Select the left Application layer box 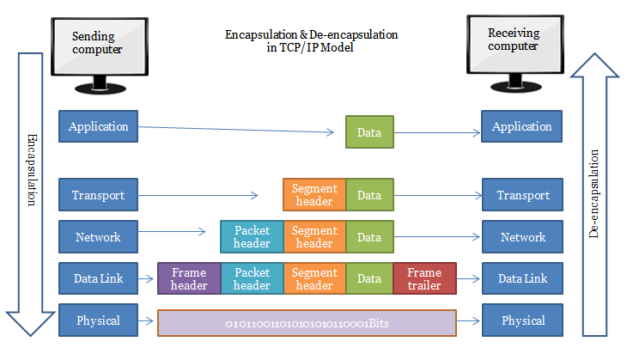click(99, 126)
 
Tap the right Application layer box click(521, 126)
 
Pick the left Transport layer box click(99, 195)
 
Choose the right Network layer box click(521, 237)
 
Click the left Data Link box click(99, 278)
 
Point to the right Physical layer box click(521, 320)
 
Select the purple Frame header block click(189, 278)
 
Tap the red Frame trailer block click(424, 278)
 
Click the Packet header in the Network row click(252, 237)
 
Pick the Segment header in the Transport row click(314, 195)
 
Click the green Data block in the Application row click(369, 133)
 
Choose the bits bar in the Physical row click(307, 323)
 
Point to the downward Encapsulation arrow click(30, 189)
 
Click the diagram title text click(311, 41)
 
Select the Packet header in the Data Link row click(252, 278)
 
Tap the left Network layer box click(99, 237)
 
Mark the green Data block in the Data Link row click(369, 278)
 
